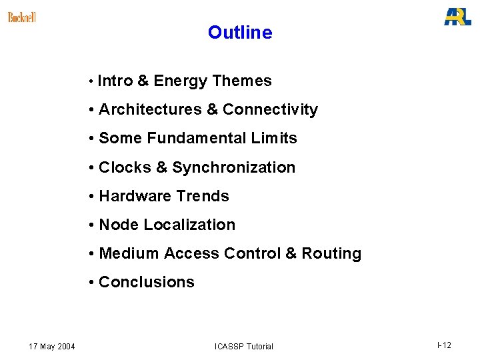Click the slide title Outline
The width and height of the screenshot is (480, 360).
pyautogui.click(x=240, y=32)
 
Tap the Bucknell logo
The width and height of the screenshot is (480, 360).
pyautogui.click(x=22, y=17)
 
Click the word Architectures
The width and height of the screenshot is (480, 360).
pyautogui.click(x=150, y=110)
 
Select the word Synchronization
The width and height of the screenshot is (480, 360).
pyautogui.click(x=233, y=167)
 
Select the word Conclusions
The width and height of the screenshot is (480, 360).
pyautogui.click(x=147, y=282)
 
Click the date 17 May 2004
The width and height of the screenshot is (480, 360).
pyautogui.click(x=52, y=346)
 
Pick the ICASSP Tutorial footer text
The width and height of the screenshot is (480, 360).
pyautogui.click(x=243, y=346)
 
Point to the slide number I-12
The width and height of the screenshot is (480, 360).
pyautogui.click(x=444, y=345)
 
